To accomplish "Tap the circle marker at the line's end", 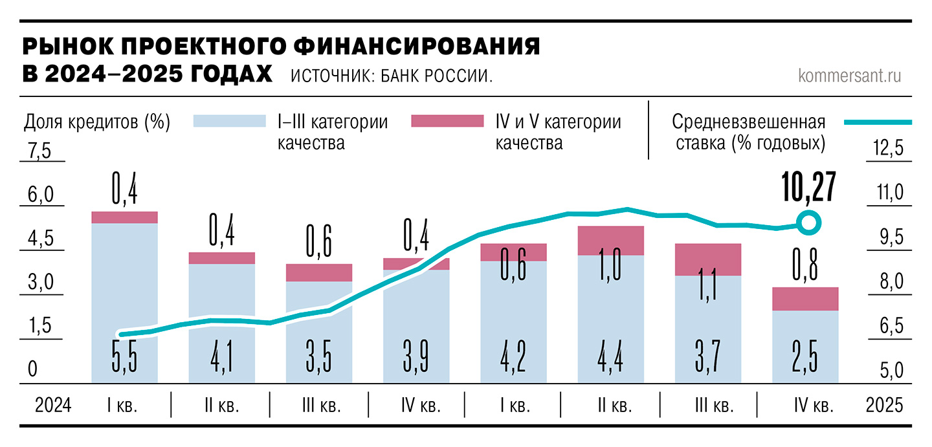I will coord(808,224).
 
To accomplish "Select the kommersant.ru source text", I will coord(850,76).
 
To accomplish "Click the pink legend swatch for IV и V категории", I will coord(447,121).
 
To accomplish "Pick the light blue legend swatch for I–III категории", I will coord(230,121).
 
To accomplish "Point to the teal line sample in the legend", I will coord(878,122).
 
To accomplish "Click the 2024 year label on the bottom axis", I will coord(52,406).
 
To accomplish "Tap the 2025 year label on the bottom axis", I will coord(883,406).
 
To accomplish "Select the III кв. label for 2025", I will coord(713,406).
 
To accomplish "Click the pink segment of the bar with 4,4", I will coord(611,240).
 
